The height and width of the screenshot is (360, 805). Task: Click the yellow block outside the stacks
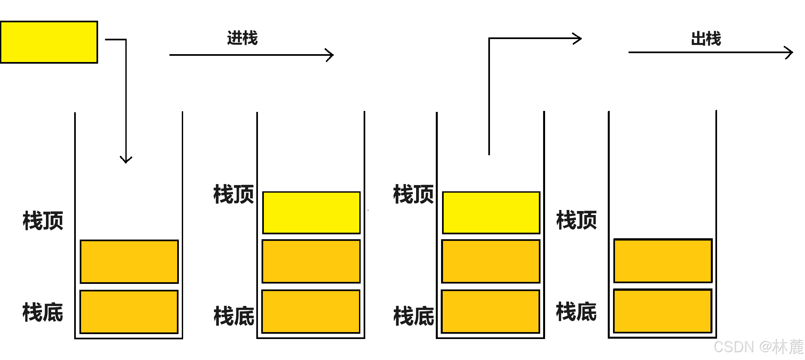(x=49, y=42)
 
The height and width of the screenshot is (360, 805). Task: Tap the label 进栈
(x=243, y=38)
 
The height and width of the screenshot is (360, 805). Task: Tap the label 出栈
(x=706, y=39)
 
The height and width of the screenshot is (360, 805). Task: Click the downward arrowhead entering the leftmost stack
(x=126, y=160)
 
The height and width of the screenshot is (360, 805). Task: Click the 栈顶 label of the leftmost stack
(x=43, y=221)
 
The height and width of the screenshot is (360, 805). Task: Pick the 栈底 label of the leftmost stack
(x=43, y=312)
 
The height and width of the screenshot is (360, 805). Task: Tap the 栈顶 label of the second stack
(x=234, y=194)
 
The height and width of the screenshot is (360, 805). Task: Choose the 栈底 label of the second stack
(x=234, y=316)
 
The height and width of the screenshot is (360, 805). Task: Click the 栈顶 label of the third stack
(x=413, y=194)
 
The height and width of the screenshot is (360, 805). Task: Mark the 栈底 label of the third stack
(x=414, y=316)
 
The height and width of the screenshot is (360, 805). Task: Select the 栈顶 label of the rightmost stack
(x=577, y=220)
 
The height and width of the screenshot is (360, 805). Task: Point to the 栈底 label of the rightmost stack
(x=576, y=311)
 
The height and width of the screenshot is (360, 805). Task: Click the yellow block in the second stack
(x=311, y=213)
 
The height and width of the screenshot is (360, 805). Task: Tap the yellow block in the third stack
(x=491, y=213)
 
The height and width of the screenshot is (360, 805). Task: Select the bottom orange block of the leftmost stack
(x=129, y=312)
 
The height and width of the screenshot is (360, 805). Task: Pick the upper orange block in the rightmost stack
(x=663, y=261)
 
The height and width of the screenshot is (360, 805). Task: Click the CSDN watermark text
(x=758, y=347)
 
